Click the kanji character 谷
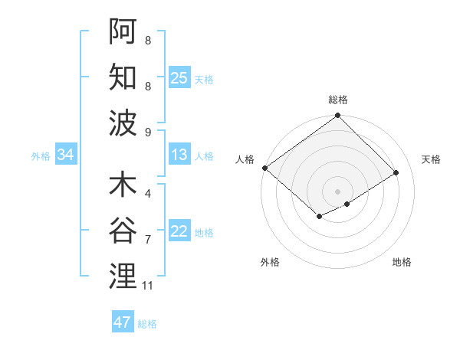[123, 230]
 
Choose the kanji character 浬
[123, 276]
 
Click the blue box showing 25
[179, 77]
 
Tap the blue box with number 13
[179, 155]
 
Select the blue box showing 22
[179, 232]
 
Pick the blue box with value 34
[66, 155]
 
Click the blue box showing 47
[123, 322]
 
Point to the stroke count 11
[148, 286]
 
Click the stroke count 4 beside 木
[148, 194]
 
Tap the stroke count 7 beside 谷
[148, 240]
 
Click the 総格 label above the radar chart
[338, 100]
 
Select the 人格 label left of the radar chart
[245, 159]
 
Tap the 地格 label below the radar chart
[402, 263]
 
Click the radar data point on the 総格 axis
[338, 116]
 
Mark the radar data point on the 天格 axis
[397, 172]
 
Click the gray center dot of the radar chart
[338, 191]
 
